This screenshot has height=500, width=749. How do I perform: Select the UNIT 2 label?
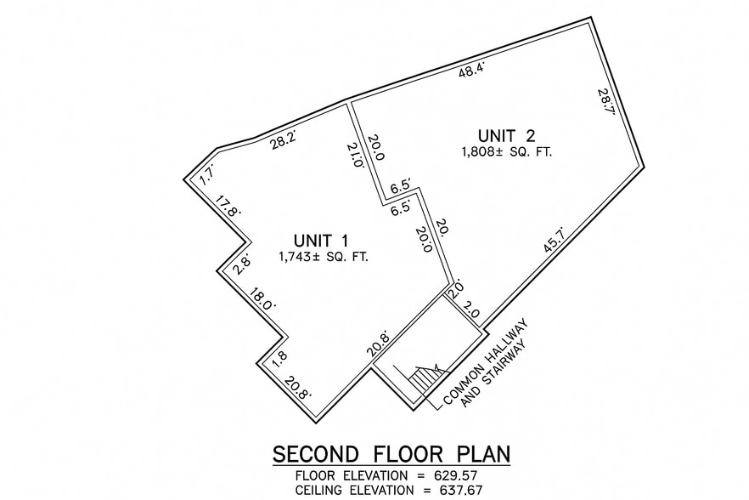coord(506,134)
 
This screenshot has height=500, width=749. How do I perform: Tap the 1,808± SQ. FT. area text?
coord(506,153)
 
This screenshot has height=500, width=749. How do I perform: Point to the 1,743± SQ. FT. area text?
coord(323,257)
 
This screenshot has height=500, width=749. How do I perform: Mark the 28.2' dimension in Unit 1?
coord(283,142)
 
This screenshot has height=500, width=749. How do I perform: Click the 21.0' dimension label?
coord(357,156)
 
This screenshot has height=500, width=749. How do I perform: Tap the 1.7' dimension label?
coord(206,176)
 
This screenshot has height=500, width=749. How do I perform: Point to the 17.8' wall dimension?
coord(227,207)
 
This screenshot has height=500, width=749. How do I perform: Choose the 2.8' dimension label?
coord(242,262)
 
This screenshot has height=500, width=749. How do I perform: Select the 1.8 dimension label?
coord(279,357)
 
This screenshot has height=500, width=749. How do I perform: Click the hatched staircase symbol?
coord(424,376)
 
